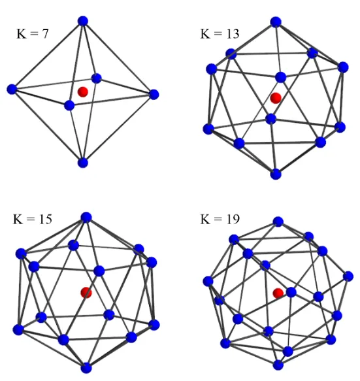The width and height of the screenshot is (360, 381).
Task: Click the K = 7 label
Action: click(x=33, y=33)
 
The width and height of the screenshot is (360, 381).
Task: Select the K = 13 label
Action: click(x=220, y=33)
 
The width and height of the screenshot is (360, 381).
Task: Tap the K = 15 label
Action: click(x=32, y=219)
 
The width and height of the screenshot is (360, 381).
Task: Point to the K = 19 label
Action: click(x=220, y=219)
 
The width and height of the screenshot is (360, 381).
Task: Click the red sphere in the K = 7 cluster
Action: click(x=83, y=92)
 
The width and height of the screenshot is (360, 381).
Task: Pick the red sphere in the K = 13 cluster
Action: click(x=276, y=98)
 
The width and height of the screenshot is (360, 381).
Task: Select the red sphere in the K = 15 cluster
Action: click(x=86, y=292)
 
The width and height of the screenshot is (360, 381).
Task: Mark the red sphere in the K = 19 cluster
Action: click(x=278, y=293)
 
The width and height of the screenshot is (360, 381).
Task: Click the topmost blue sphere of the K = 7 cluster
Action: click(x=83, y=21)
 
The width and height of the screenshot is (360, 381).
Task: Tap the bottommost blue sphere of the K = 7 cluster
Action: click(x=83, y=163)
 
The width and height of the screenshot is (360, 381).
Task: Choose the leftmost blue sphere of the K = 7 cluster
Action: click(x=12, y=90)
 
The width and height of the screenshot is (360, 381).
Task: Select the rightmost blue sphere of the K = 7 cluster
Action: click(x=154, y=94)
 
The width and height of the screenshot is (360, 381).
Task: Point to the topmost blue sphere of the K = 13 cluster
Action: click(x=276, y=22)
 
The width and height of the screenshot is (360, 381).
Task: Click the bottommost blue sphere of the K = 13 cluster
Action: click(x=276, y=174)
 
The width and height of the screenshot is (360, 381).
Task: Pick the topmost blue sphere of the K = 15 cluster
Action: click(x=86, y=217)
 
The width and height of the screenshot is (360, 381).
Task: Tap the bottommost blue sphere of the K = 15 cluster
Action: click(x=86, y=368)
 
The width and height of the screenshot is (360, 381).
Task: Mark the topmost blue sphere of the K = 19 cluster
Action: click(x=278, y=222)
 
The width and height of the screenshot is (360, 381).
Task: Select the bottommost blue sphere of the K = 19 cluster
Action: click(x=278, y=365)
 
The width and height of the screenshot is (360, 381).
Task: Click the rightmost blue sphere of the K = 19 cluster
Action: click(x=348, y=276)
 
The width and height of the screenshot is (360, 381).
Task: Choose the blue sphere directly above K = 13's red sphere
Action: click(x=280, y=77)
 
